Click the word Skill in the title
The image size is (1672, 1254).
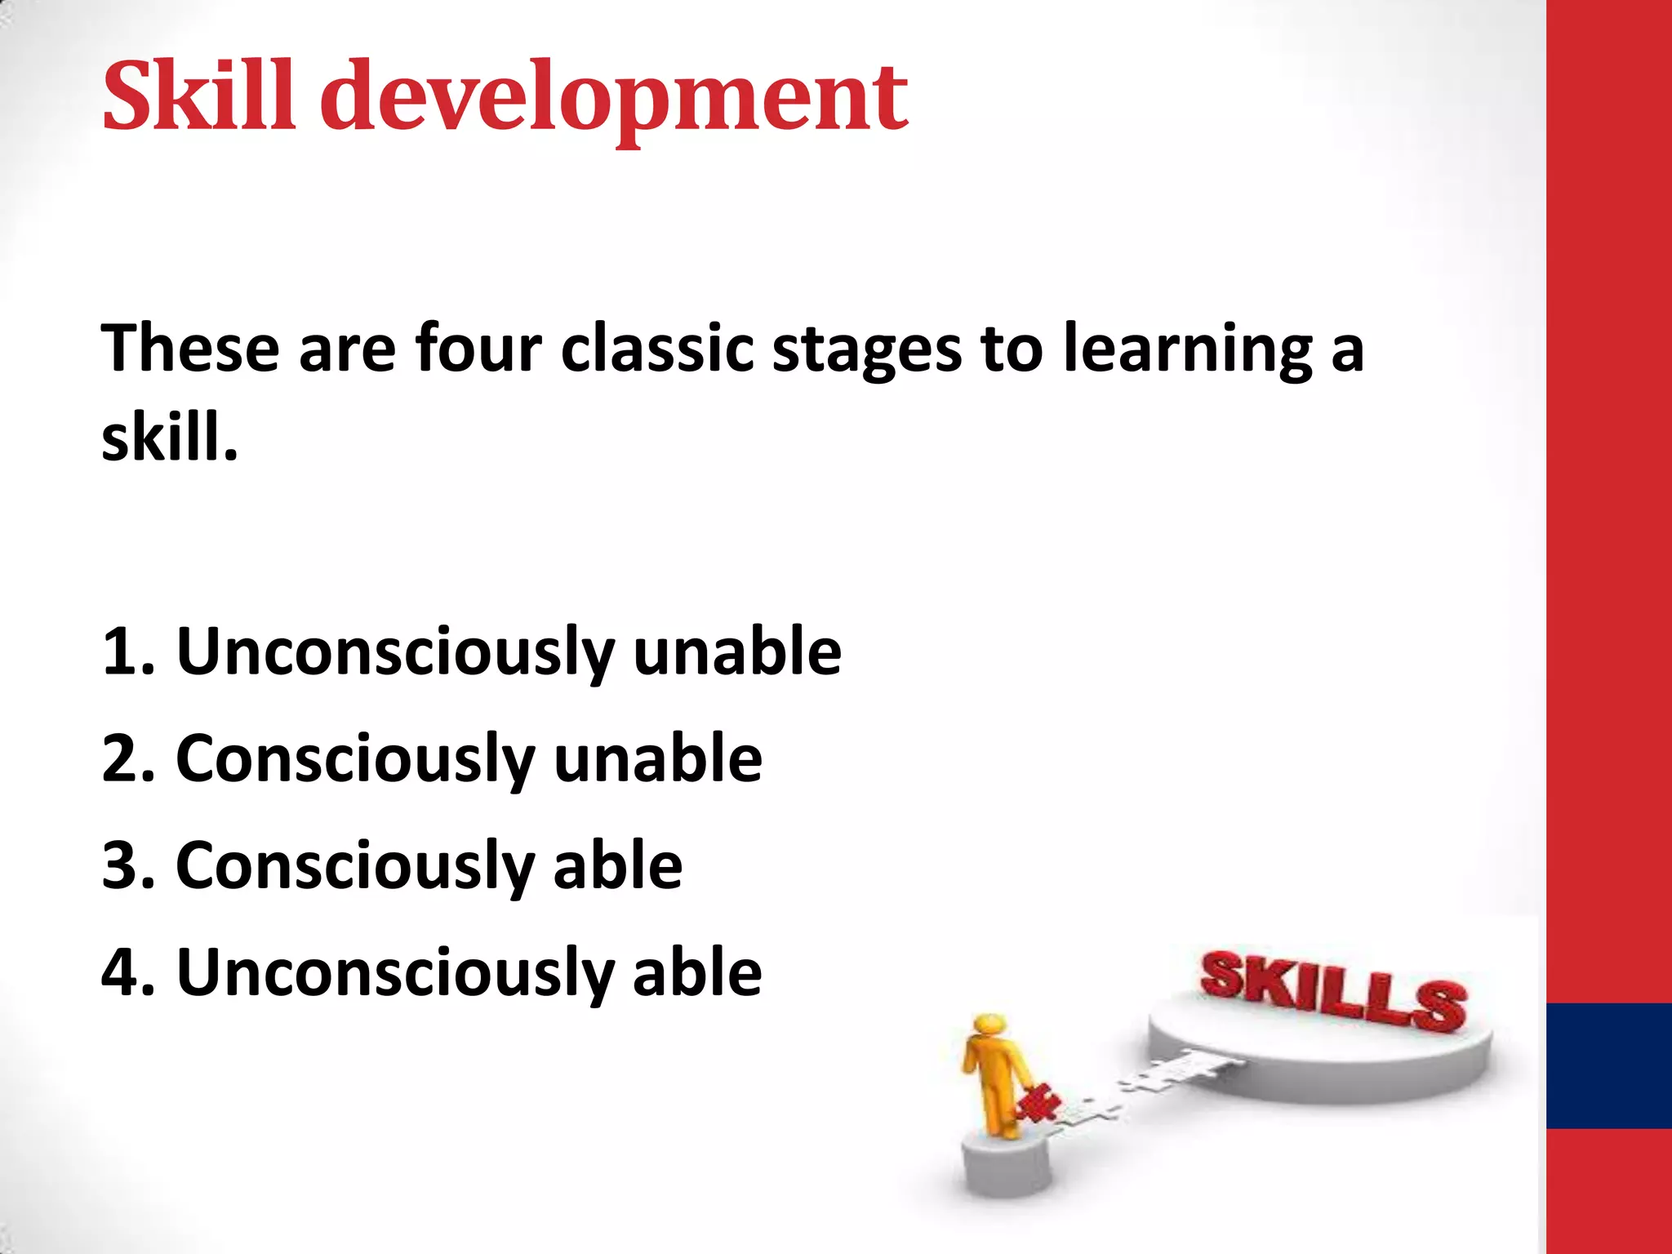(x=198, y=96)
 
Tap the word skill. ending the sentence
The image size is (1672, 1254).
(x=169, y=438)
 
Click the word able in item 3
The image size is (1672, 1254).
(x=617, y=865)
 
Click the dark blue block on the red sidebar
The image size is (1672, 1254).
(x=1608, y=1065)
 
